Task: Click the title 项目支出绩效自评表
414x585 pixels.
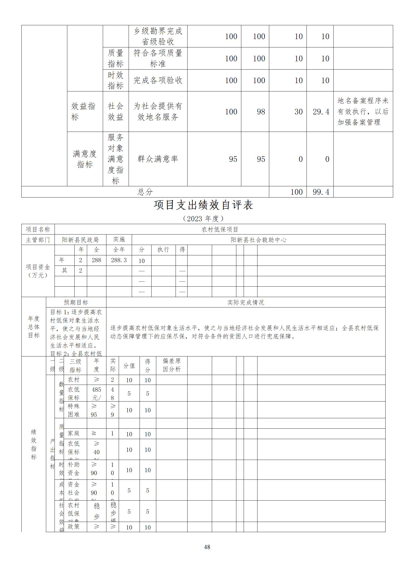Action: point(203,205)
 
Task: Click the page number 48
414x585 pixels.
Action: point(207,547)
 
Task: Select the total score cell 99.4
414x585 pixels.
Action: point(321,192)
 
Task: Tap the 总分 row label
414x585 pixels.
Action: point(145,192)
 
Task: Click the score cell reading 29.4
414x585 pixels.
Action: point(321,112)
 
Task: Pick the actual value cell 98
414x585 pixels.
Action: point(261,112)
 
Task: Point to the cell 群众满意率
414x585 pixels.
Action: point(158,159)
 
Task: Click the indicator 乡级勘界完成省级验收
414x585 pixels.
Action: point(158,36)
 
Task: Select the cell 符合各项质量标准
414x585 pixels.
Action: point(158,58)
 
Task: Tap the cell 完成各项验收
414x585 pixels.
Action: point(158,80)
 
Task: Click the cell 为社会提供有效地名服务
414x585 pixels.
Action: point(158,112)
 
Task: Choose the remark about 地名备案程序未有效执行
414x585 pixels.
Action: point(363,112)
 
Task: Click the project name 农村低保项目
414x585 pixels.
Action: point(220,230)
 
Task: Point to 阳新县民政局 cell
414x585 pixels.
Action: point(80,240)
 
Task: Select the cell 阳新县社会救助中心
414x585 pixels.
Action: point(258,240)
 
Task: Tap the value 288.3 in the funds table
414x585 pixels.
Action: point(119,260)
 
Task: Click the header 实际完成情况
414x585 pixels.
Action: point(245,302)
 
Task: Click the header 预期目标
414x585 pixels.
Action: point(76,302)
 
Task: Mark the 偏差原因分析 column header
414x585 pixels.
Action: point(172,365)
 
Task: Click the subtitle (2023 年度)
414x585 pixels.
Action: point(203,218)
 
